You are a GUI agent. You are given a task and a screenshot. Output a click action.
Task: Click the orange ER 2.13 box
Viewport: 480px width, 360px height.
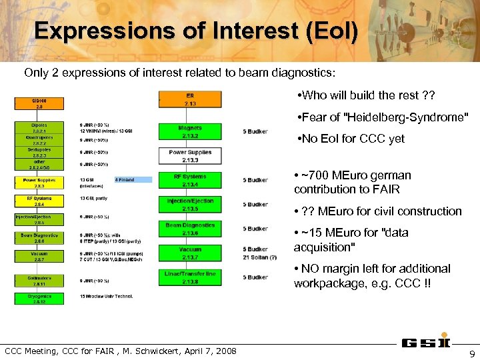tap(190, 99)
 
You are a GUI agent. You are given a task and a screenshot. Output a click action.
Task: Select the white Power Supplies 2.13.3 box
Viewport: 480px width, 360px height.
tap(190, 156)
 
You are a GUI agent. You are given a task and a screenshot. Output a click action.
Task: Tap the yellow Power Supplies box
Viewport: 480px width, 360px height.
tap(39, 182)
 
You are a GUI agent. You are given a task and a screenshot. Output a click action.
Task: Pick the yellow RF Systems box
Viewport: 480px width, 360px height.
tap(39, 200)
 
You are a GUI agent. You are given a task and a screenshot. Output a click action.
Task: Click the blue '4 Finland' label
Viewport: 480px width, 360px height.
tap(133, 179)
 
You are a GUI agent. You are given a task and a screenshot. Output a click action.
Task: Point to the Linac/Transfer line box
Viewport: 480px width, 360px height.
tap(190, 277)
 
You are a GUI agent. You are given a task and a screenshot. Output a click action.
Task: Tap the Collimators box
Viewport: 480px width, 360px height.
tap(39, 280)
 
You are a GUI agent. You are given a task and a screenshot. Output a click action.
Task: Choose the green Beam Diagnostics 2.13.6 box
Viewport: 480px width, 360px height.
tap(190, 229)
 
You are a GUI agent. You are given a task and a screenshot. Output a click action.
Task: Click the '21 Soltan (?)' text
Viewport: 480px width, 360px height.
tap(260, 257)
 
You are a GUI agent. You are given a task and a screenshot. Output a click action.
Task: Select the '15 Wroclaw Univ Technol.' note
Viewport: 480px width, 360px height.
tap(107, 296)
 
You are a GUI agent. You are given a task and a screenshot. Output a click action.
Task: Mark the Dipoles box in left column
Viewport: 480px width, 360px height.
tap(39, 127)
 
